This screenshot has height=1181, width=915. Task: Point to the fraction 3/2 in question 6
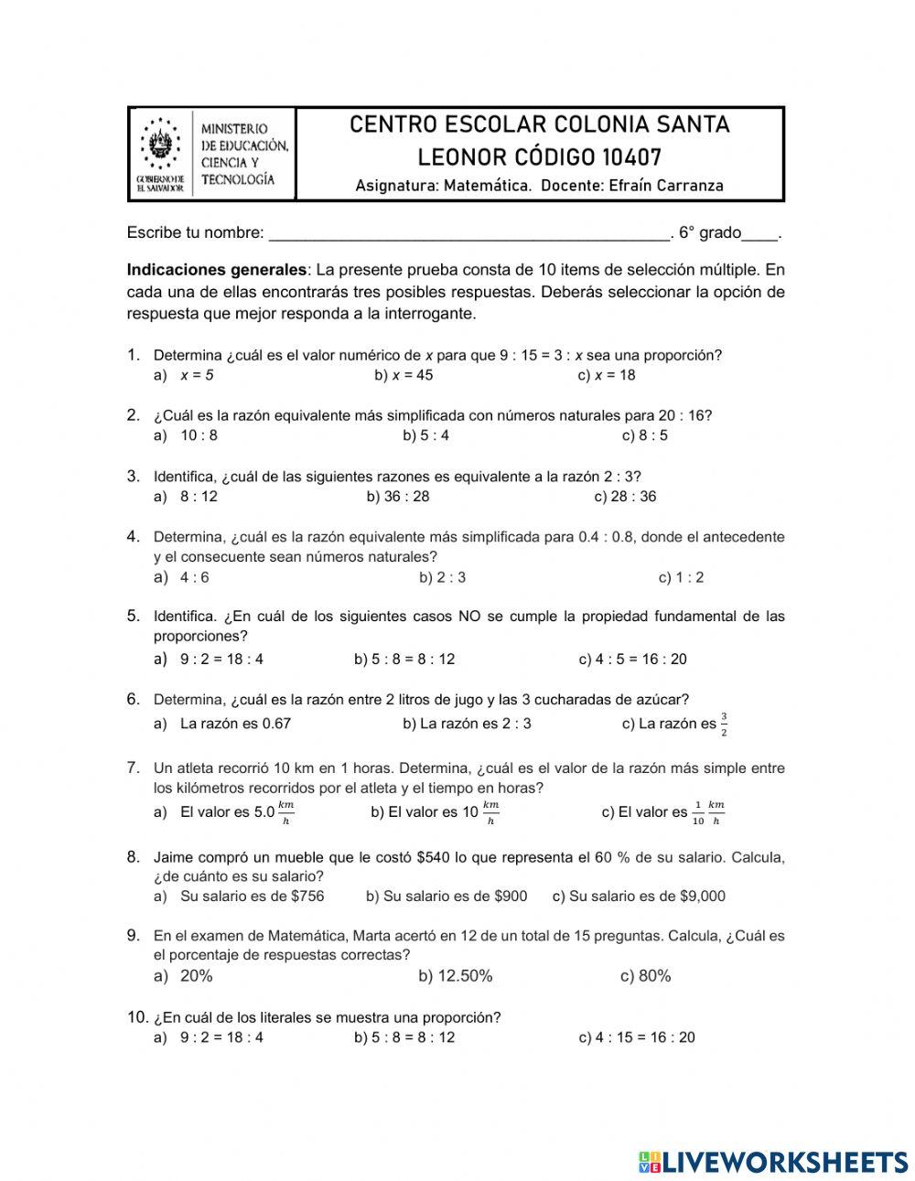(724, 724)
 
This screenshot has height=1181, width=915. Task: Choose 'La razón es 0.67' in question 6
(235, 724)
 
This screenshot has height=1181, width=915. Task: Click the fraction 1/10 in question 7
(697, 812)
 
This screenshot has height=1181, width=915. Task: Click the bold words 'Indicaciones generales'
(217, 271)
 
